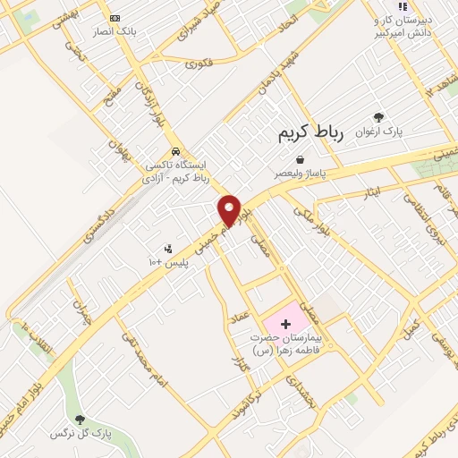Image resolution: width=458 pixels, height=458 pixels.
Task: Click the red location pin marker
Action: point(230,210)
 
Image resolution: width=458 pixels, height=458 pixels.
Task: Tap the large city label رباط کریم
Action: point(306,131)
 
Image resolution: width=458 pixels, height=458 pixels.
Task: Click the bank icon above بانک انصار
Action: point(114,18)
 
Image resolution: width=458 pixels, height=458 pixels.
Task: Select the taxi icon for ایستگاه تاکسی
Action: point(176,151)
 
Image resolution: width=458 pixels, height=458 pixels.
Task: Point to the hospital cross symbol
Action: point(284,323)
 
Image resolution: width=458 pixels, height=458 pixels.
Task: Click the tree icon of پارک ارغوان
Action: point(379,116)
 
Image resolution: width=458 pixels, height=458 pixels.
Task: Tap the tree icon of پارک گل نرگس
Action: point(81,419)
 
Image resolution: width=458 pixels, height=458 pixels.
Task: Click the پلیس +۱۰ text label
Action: point(165,261)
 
